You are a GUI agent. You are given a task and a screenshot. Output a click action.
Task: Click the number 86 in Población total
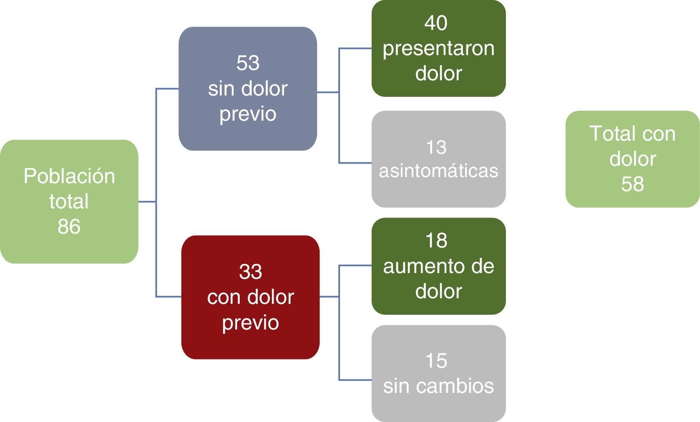point(69,227)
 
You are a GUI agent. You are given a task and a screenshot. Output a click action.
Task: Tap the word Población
point(69,176)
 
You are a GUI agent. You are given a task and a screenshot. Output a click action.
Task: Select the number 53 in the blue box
point(248,63)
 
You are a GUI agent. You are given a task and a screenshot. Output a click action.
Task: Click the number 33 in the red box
point(251,272)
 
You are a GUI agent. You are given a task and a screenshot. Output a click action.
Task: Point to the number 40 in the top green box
point(436,23)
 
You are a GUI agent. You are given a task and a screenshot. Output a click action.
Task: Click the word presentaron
point(439,48)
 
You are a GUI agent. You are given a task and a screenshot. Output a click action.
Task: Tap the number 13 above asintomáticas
point(436,147)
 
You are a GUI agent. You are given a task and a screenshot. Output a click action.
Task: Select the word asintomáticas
point(439,171)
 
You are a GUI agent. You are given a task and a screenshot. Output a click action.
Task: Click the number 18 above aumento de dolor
point(436,241)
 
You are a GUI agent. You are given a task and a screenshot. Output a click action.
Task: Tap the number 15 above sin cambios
point(436,361)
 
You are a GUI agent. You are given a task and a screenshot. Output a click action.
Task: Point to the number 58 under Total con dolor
point(632,184)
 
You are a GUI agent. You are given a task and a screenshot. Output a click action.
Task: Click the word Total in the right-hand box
point(609,133)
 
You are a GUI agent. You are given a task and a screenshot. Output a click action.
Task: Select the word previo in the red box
point(251,323)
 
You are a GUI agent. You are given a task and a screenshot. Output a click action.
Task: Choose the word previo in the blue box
point(248,114)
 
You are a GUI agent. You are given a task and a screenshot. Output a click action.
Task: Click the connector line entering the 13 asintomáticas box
point(355,163)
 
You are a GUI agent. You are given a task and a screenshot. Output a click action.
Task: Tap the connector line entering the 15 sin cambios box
point(355,380)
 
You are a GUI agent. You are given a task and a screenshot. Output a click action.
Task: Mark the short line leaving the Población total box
point(147,201)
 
